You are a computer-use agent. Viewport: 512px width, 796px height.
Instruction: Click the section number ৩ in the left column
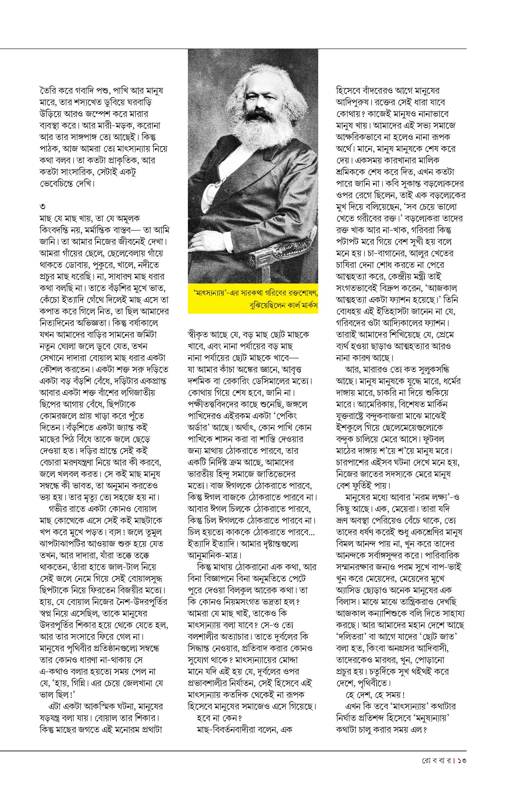43,207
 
